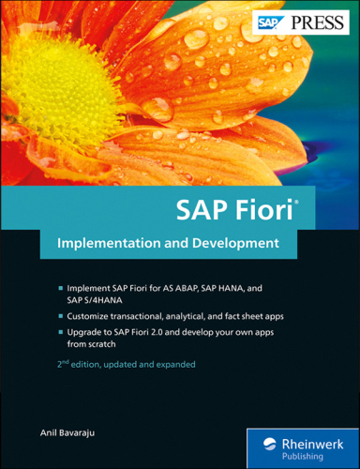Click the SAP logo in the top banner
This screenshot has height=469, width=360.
(269, 21)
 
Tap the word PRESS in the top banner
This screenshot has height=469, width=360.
(311, 21)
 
